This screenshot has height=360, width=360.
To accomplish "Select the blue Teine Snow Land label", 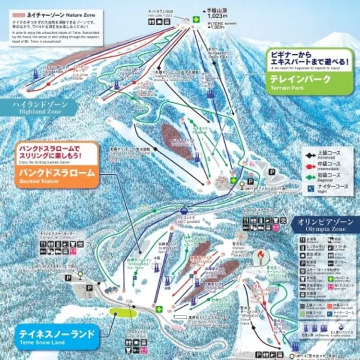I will [x=57, y=334].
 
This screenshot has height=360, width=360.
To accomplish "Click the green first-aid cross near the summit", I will [x=196, y=19].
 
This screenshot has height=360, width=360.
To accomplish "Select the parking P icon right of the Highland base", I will [x=272, y=171].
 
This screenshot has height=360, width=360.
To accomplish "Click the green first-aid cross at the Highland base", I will [x=233, y=180].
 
